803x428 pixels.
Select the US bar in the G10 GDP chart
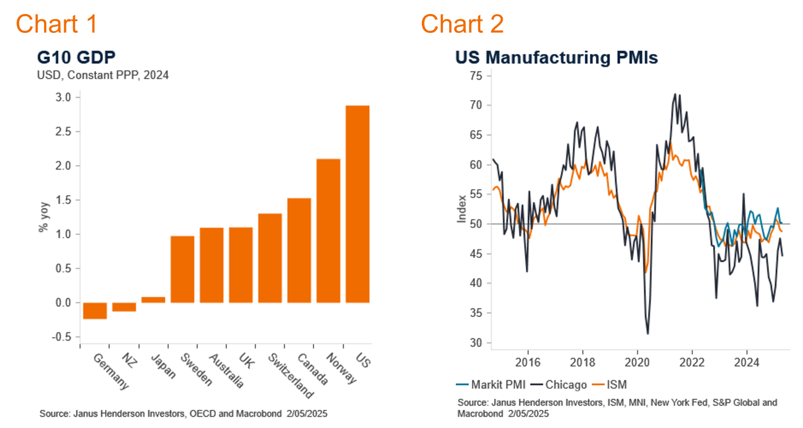pyautogui.click(x=357, y=204)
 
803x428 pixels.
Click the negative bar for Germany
pyautogui.click(x=95, y=310)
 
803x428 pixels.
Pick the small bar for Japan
pyautogui.click(x=153, y=300)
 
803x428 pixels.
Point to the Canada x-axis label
pyautogui.click(x=312, y=369)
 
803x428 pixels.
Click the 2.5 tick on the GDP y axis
pyautogui.click(x=64, y=132)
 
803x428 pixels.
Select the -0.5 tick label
pyautogui.click(x=62, y=337)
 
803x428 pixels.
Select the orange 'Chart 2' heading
pyautogui.click(x=462, y=24)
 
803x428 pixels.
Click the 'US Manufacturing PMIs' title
pyautogui.click(x=556, y=58)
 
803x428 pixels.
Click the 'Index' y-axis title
pyautogui.click(x=461, y=209)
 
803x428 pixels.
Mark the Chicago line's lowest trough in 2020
pyautogui.click(x=648, y=334)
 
